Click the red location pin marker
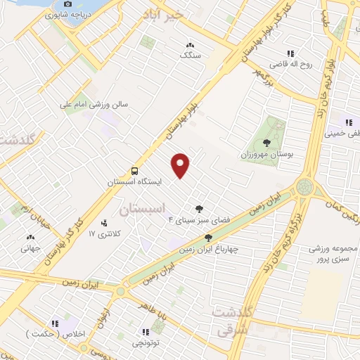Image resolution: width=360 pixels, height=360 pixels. (181, 165)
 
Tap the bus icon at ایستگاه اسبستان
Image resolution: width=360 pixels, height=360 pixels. (134, 171)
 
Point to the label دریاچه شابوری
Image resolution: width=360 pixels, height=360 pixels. (60, 14)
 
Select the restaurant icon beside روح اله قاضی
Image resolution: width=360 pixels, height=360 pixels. (290, 53)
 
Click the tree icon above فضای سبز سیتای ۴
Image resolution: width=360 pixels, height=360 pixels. (198, 209)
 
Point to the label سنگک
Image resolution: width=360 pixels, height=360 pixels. (190, 54)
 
